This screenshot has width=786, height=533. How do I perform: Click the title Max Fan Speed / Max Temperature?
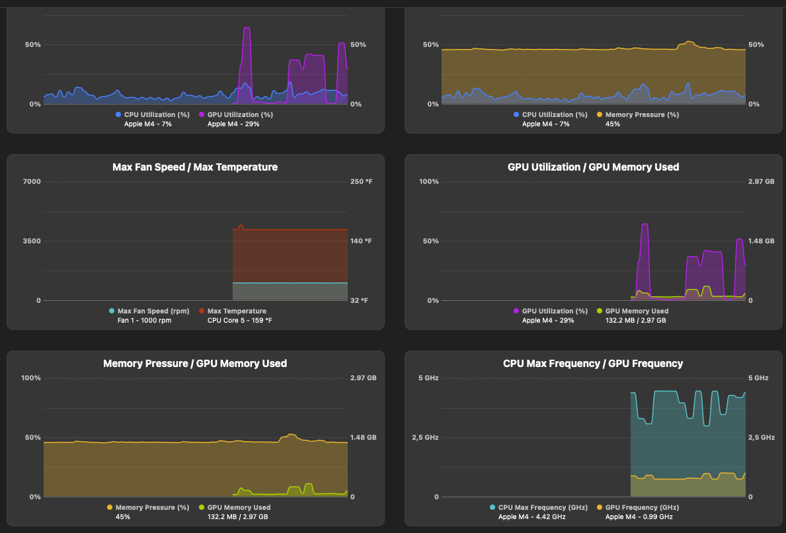click(x=195, y=167)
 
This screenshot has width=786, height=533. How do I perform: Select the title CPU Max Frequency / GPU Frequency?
click(x=593, y=364)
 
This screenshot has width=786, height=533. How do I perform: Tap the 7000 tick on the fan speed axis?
click(x=32, y=182)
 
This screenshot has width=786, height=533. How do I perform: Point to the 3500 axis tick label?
click(x=32, y=241)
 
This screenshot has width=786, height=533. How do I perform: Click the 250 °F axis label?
click(x=361, y=182)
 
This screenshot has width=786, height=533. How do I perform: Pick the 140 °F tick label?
click(x=361, y=241)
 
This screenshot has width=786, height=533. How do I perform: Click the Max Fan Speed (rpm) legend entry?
click(x=153, y=311)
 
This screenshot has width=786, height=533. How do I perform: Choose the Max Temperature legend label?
click(x=237, y=311)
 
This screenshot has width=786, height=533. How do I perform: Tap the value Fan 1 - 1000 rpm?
click(x=144, y=320)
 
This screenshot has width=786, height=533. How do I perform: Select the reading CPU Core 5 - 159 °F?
click(x=239, y=320)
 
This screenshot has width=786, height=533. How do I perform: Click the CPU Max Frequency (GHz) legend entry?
click(x=542, y=507)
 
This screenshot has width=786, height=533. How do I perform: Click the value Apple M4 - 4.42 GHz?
click(x=532, y=516)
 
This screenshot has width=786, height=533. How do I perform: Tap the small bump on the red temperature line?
click(x=241, y=226)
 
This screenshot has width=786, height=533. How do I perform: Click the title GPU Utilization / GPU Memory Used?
click(x=593, y=167)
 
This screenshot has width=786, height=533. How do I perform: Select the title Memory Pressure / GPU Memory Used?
click(x=195, y=364)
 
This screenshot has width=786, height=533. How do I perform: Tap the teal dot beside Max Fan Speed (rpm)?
click(x=112, y=311)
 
